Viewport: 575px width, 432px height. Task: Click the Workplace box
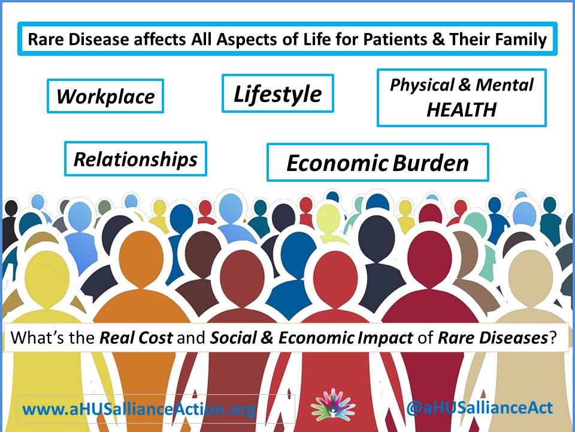point(105,96)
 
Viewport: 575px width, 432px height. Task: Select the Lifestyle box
point(277,94)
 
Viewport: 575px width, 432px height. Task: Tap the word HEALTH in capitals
point(461,109)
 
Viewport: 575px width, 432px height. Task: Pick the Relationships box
point(136,158)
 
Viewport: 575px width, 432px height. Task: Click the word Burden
point(430,163)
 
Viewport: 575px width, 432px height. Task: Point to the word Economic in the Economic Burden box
point(337,163)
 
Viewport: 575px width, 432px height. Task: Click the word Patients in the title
point(395,40)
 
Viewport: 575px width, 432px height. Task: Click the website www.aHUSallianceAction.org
point(138,409)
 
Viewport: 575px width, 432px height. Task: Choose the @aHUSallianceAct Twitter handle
point(479,408)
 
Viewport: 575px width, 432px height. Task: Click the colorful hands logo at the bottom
point(333,405)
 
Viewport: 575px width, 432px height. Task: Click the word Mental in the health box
point(504,85)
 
